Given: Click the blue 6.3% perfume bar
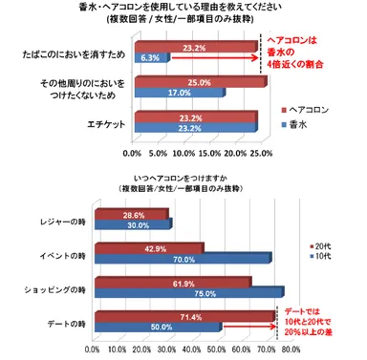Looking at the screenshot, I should click(151, 58).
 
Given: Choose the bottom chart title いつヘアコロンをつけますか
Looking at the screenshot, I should click(182, 186).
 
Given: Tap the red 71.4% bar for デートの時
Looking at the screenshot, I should click(183, 315).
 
